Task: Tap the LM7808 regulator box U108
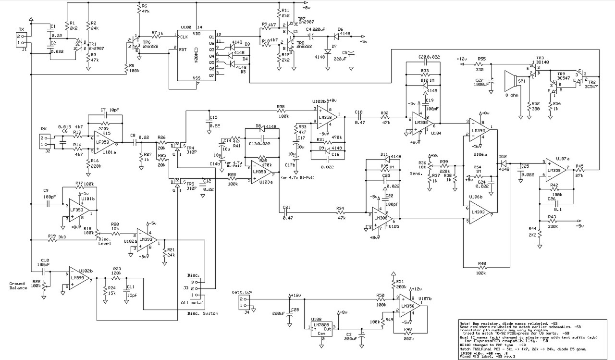[321, 330]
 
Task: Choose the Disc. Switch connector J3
[194, 288]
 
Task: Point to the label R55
[481, 58]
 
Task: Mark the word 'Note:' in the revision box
[466, 323]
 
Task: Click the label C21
[287, 207]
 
